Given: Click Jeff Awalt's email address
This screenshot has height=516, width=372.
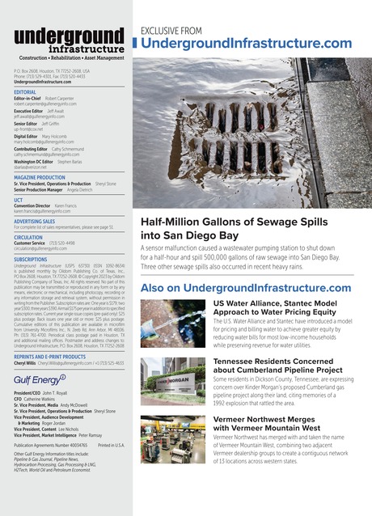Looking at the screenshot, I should (x=43, y=117).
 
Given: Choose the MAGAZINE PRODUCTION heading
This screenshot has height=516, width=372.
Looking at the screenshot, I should (x=51, y=177).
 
